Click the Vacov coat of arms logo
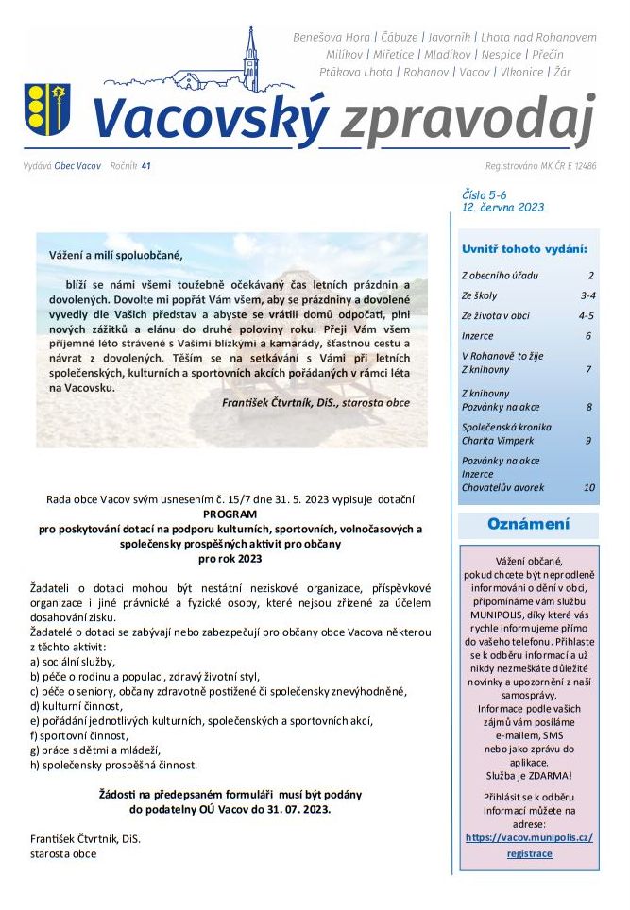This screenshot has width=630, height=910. point(46,110)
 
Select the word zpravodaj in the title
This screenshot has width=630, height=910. point(468,119)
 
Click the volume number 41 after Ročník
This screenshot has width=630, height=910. point(145,166)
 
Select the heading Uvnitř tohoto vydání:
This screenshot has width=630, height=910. point(524,249)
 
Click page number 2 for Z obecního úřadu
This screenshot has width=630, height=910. point(590,276)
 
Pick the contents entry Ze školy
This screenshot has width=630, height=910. point(480,295)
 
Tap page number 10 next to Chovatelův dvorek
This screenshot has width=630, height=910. point(588,488)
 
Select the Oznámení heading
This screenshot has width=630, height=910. point(528,524)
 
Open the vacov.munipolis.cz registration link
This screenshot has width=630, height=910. point(529,845)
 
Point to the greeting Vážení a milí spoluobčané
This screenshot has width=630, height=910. point(114,255)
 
